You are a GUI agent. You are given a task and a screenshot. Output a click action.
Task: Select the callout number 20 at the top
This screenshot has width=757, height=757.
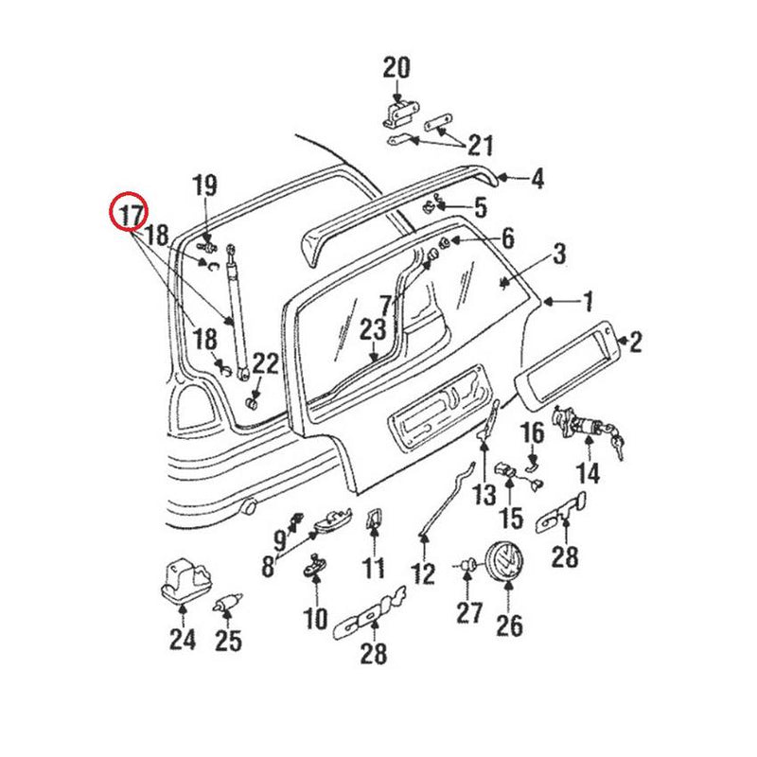point(397,68)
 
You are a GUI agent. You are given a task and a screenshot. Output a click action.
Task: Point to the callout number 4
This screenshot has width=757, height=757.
point(537,178)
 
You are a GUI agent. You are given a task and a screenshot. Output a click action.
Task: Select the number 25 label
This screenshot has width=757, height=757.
point(228,641)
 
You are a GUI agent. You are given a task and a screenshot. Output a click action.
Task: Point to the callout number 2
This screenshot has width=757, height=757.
point(635,342)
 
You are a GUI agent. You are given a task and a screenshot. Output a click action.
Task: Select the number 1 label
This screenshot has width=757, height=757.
point(588,303)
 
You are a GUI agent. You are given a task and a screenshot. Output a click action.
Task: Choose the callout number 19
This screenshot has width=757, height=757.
point(205,185)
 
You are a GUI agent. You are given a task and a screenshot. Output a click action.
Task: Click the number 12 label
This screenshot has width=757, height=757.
point(423,572)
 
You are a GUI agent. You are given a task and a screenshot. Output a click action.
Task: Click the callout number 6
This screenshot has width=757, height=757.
point(507,238)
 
